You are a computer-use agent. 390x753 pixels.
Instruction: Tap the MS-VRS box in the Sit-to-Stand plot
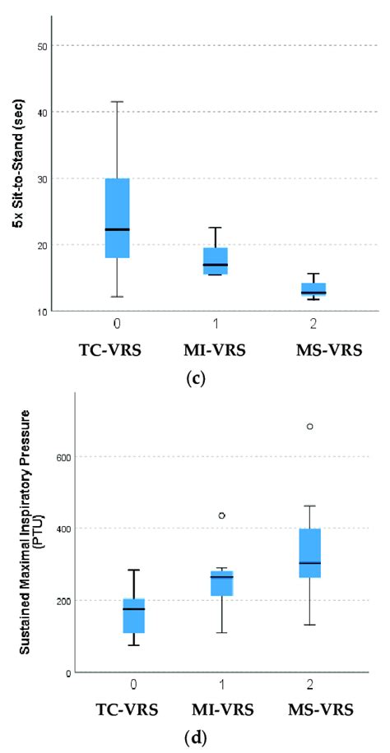[x=313, y=288]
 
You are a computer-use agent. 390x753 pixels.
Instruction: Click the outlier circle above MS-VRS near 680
[x=310, y=426]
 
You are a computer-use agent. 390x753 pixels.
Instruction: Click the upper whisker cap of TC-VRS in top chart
[x=118, y=102]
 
